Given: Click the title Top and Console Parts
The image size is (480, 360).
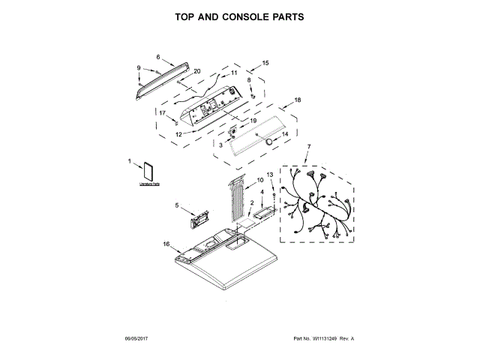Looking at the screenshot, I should click(239, 16).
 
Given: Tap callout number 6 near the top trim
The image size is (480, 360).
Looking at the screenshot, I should click(158, 57).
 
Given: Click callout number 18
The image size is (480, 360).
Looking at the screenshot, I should click(298, 100).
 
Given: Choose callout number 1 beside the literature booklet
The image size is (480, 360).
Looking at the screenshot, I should click(129, 161).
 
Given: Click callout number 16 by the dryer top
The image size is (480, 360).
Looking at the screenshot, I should click(166, 244).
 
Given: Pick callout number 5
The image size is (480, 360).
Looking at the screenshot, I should click(177, 205).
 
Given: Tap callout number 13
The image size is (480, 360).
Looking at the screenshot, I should click(270, 175).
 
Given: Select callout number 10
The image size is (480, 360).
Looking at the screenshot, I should click(259, 180).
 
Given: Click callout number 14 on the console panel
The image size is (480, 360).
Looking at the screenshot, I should click(284, 135).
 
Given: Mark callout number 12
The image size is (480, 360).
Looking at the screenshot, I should click(179, 134).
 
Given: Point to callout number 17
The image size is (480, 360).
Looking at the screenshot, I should click(162, 113).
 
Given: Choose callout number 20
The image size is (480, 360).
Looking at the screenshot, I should click(197, 72).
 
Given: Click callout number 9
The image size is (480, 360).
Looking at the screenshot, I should click(139, 69).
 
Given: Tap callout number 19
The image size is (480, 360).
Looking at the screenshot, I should click(253, 120).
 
